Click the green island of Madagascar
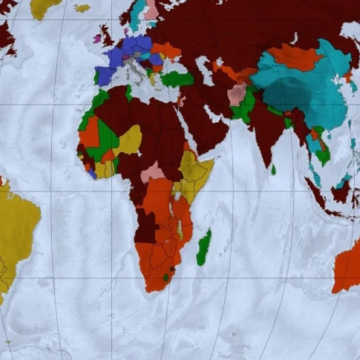coord(203,247)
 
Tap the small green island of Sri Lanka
coord(273,170)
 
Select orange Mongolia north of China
coord(295,56)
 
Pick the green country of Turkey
coord(178,78)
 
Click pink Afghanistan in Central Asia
coord(237,94)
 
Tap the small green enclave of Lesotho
coord(166,277)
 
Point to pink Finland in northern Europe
coord(151,10)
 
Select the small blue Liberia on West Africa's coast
coord(91,173)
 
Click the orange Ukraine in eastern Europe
coord(167,51)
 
